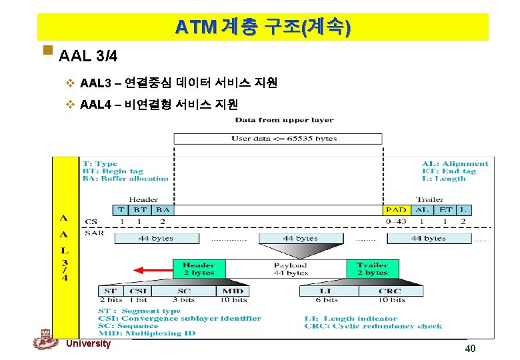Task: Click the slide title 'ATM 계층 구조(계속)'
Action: point(263,27)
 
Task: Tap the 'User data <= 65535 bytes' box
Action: point(278,139)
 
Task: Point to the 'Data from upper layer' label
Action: point(284,120)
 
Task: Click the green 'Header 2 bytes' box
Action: point(199,269)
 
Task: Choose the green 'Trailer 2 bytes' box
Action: point(372,269)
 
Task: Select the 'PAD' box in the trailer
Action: point(396,210)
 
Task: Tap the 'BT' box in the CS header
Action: point(140,210)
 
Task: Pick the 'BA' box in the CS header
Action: point(162,210)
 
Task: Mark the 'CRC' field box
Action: point(390,291)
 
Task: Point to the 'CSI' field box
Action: point(139,291)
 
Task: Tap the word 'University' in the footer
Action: point(89,343)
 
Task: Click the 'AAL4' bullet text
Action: point(158,104)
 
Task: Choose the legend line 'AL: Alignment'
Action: point(455,164)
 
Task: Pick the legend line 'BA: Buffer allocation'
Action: point(125,179)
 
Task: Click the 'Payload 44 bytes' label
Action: point(291,269)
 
